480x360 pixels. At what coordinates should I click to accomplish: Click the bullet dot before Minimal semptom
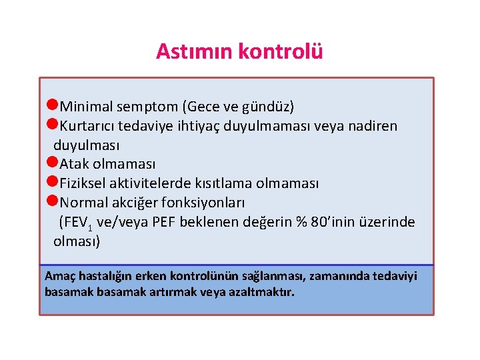coord(53,105)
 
